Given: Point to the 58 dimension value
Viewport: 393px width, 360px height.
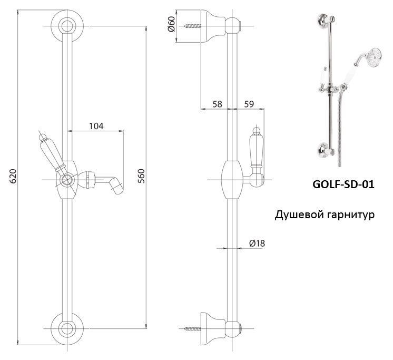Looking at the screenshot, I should pyautogui.click(x=216, y=104).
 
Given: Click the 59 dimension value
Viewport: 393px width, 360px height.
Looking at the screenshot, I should pyautogui.click(x=248, y=104).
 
